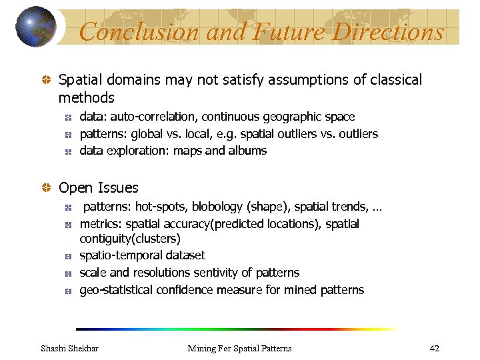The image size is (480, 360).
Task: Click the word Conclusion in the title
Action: point(139,31)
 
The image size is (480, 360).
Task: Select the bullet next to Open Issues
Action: point(47,188)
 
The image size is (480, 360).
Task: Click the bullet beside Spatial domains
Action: point(47,80)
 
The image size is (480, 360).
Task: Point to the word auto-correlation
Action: point(161,117)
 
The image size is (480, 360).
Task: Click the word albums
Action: point(247,151)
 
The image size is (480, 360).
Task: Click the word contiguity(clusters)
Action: point(130,239)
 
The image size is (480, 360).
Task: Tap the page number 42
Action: point(434,348)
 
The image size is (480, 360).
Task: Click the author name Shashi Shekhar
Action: point(69,348)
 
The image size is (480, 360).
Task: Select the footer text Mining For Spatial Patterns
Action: point(239,348)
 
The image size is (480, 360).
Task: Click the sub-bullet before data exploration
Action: point(69,151)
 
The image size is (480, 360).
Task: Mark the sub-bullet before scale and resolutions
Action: point(69,273)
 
